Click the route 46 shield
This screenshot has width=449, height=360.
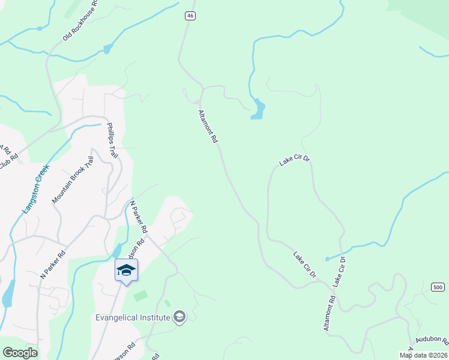190,16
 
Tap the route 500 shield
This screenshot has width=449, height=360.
439,287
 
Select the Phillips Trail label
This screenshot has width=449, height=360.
111,140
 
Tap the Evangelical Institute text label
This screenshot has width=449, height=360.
133,317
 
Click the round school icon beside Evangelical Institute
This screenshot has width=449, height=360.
179,316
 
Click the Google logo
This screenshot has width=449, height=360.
20,353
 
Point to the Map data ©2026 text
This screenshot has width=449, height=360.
424,355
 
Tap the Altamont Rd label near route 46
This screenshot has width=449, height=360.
208,126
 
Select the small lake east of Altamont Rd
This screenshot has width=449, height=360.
258,109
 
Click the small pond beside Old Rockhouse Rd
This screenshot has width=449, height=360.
107,49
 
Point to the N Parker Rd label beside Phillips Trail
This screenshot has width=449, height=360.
139,217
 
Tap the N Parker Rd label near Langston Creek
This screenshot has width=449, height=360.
52,264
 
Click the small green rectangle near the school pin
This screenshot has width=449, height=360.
140,296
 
